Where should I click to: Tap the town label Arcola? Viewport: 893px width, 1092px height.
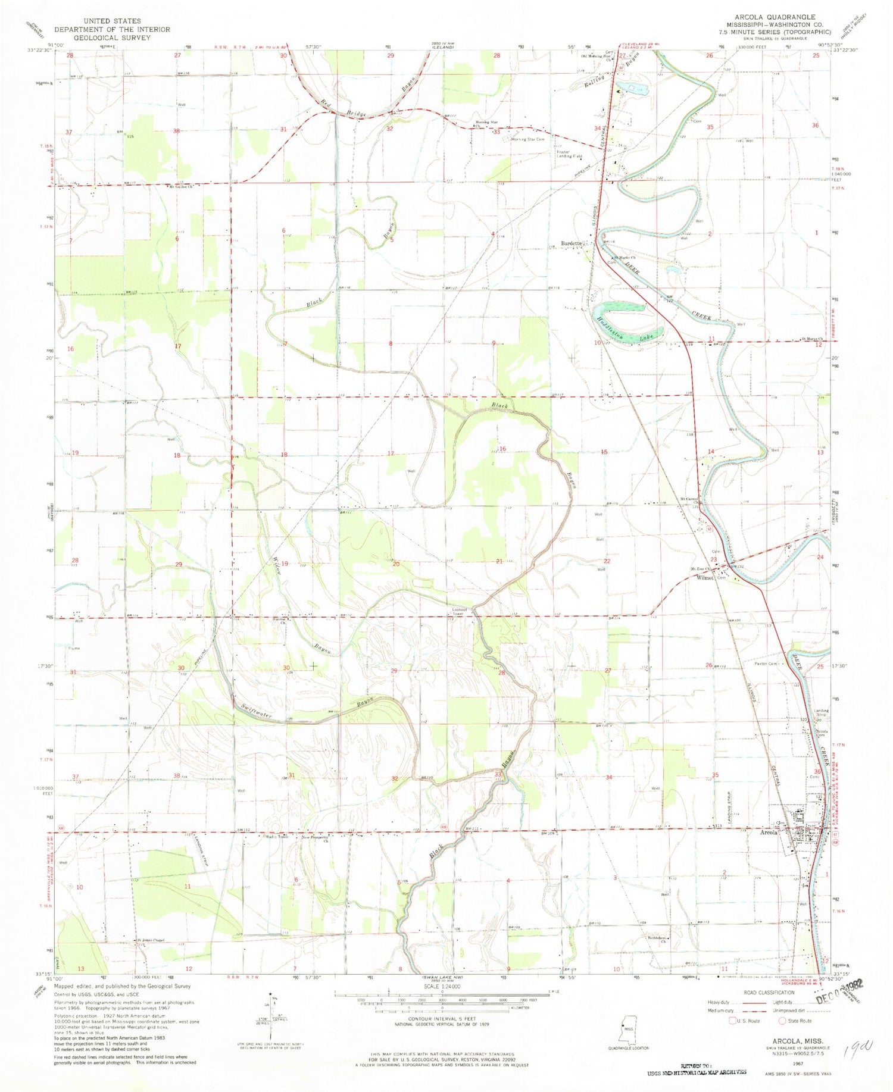pyautogui.click(x=769, y=833)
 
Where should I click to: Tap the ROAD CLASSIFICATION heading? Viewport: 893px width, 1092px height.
pyautogui.click(x=769, y=993)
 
